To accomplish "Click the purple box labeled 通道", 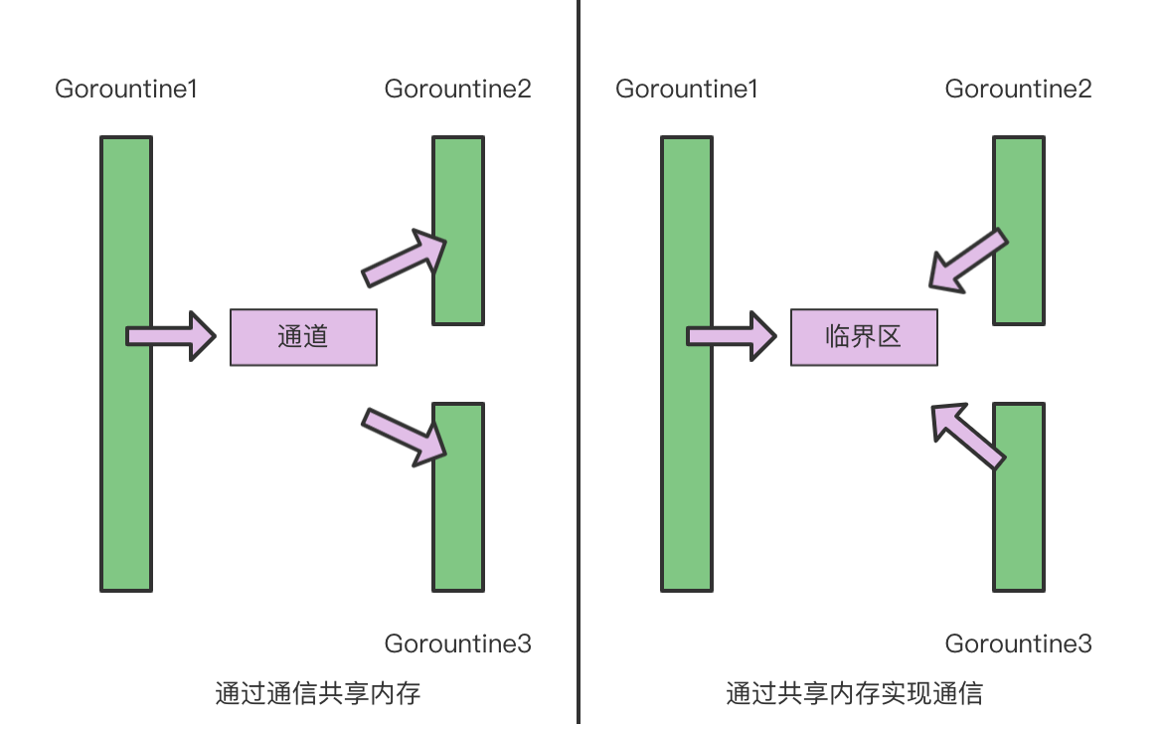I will tap(303, 337).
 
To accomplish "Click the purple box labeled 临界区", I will tap(864, 337).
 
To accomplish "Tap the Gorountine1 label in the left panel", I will tap(126, 89).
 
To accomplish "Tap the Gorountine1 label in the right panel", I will tap(687, 89).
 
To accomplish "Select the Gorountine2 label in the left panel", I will tap(458, 89).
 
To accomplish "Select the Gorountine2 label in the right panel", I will tap(1019, 89).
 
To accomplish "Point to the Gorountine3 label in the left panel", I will tap(458, 643).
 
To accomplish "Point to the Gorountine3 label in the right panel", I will tap(1019, 643).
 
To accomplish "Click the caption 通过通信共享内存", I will tap(318, 693).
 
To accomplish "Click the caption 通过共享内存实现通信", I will tap(855, 693).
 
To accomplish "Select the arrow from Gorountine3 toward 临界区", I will tap(966, 435).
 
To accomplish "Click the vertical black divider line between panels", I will tap(579, 358).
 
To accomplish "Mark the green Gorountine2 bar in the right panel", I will tap(1019, 189).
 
